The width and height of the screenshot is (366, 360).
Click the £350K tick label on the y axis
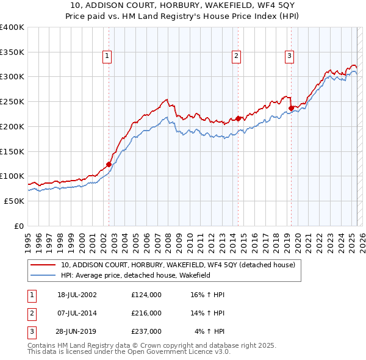coord(12,52)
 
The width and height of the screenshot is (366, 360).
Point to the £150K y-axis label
coord(12,151)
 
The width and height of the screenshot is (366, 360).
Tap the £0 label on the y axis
coord(19,226)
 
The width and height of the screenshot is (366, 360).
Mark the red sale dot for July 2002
coord(109,164)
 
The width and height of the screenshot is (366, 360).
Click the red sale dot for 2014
coord(237,118)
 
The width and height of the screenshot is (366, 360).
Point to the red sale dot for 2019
coord(291,108)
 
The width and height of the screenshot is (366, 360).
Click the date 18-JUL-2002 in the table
coord(77,295)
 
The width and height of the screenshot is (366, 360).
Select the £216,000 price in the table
coord(146,313)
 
